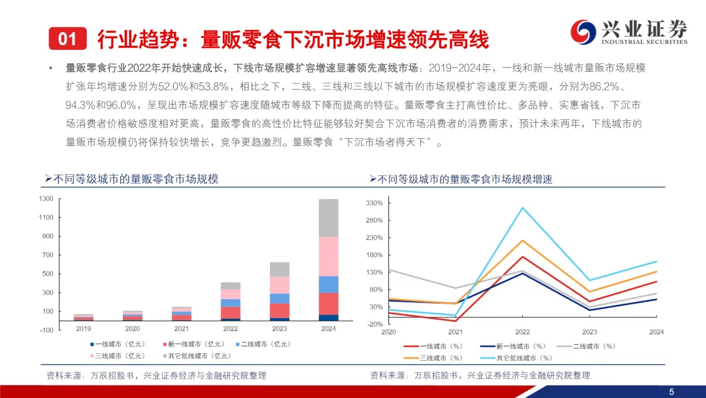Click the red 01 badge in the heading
click(x=67, y=39)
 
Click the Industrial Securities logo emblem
click(x=583, y=32)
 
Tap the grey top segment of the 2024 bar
click(x=328, y=218)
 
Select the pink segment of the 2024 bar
click(x=328, y=257)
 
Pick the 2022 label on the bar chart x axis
click(x=230, y=329)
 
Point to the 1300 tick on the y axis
click(x=46, y=199)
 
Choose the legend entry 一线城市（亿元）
click(x=118, y=344)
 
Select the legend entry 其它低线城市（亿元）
click(x=197, y=356)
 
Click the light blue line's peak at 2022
click(x=522, y=208)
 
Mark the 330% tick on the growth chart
click(x=375, y=204)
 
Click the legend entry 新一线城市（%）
click(x=513, y=347)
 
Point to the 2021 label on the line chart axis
click(x=455, y=332)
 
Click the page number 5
click(x=671, y=391)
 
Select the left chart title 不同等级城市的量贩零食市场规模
click(x=135, y=179)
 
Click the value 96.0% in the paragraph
click(x=120, y=105)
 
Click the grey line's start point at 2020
click(x=389, y=270)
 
